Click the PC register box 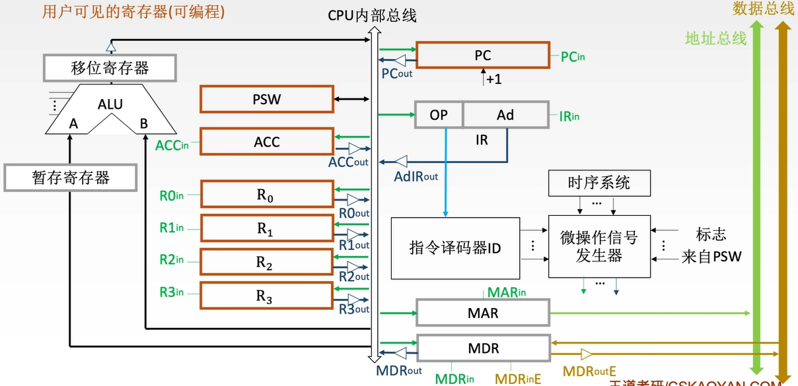tap(482, 55)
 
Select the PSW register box tap(266, 100)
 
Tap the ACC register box tap(266, 142)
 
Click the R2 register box tap(266, 263)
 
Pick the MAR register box tap(482, 313)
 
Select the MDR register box tap(482, 348)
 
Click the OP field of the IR tap(439, 115)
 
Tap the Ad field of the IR tap(505, 115)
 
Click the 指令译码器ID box tap(455, 247)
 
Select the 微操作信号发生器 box tap(599, 247)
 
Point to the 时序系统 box tap(599, 183)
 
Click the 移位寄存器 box tap(110, 67)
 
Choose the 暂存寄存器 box tap(71, 177)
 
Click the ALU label tap(110, 104)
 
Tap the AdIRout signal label tap(416, 177)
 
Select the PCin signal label tap(573, 57)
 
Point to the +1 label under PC tap(493, 79)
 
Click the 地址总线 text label tap(715, 38)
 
